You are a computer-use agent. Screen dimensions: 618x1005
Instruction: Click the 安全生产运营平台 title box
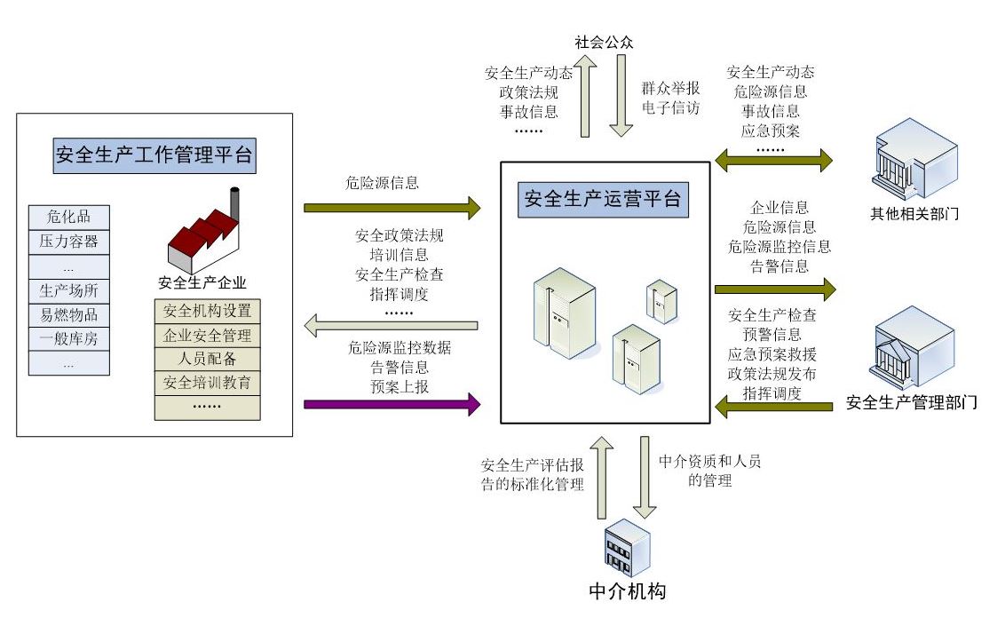pyautogui.click(x=604, y=199)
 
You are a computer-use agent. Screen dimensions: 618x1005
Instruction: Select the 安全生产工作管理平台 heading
pyautogui.click(x=154, y=156)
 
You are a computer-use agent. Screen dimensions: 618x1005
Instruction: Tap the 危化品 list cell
pyautogui.click(x=69, y=217)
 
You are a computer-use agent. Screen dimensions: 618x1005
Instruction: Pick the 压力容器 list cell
pyautogui.click(x=69, y=241)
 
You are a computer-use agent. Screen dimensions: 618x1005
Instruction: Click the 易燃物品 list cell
pyautogui.click(x=69, y=314)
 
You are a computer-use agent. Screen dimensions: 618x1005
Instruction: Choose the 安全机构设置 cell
pyautogui.click(x=208, y=312)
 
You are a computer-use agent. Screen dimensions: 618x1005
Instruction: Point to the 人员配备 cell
pyautogui.click(x=208, y=360)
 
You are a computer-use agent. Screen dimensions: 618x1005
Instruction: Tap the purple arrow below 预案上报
pyautogui.click(x=392, y=405)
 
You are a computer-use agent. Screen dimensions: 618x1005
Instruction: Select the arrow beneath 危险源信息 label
pyautogui.click(x=392, y=209)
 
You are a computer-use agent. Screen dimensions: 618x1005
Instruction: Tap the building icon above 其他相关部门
pyautogui.click(x=914, y=163)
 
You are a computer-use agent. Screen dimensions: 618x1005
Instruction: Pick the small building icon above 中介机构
pyautogui.click(x=627, y=547)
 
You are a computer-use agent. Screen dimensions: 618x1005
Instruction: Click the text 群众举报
pyautogui.click(x=670, y=89)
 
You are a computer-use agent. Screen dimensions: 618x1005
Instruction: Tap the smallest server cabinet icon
pyautogui.click(x=661, y=301)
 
